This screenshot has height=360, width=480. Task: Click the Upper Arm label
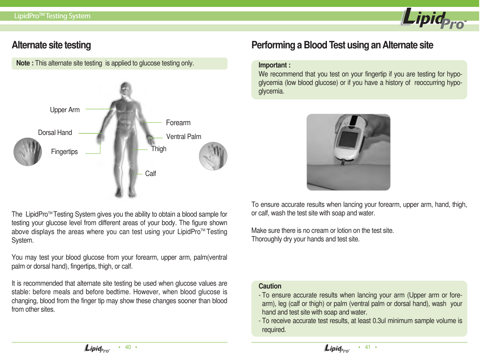(x=65, y=110)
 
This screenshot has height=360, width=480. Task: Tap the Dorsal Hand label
(x=55, y=133)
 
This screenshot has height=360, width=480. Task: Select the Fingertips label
(x=64, y=152)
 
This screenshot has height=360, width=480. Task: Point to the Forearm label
(x=178, y=123)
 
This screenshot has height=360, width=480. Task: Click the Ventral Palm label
(x=184, y=137)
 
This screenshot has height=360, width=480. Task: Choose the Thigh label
(x=158, y=149)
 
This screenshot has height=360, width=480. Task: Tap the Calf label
(x=150, y=174)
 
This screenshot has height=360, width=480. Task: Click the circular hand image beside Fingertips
(x=28, y=152)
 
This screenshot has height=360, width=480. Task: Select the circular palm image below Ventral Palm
(x=213, y=156)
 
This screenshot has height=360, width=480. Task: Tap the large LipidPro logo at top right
(x=433, y=19)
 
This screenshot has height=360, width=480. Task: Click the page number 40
(x=128, y=347)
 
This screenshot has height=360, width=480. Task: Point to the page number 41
(x=368, y=347)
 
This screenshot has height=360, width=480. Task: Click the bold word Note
(x=24, y=63)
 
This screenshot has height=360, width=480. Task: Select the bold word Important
(x=274, y=65)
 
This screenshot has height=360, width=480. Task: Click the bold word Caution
(x=270, y=286)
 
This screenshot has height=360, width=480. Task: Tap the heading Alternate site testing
(x=51, y=45)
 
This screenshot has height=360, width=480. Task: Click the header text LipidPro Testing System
(x=52, y=16)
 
